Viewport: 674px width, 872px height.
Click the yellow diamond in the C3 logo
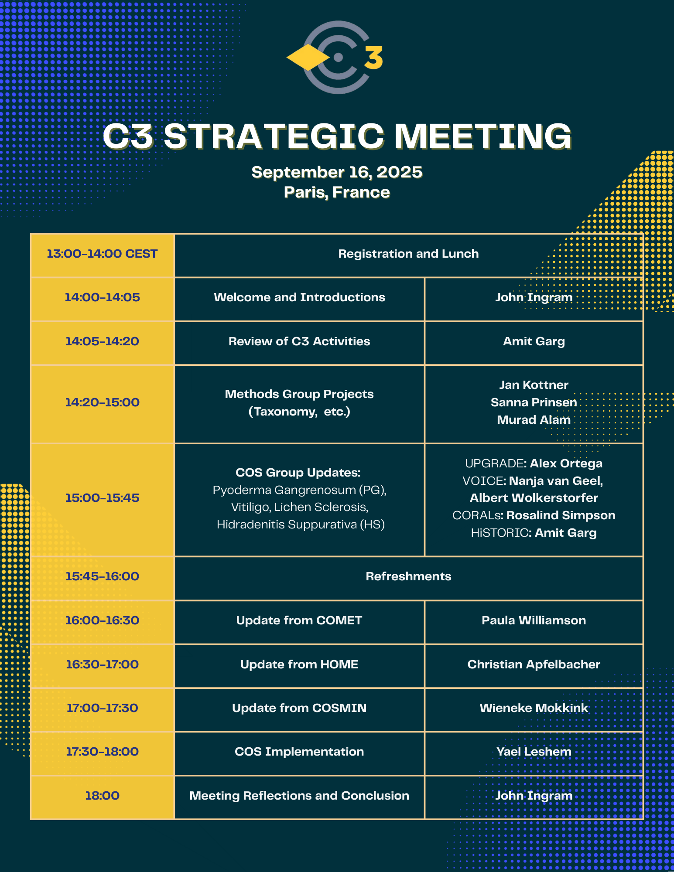[x=308, y=58]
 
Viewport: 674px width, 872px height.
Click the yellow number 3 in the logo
[x=373, y=58]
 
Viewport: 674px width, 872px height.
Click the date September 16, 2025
[x=337, y=172]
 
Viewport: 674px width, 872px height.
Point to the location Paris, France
[x=337, y=192]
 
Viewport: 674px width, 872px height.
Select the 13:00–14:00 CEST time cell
[x=102, y=254]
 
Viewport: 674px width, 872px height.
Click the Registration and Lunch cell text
[x=408, y=254]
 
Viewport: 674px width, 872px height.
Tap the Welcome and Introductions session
[x=299, y=297]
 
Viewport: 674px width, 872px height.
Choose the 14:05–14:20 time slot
[x=102, y=341]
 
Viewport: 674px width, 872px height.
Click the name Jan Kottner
[x=534, y=385]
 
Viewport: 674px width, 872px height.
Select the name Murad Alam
[x=534, y=420]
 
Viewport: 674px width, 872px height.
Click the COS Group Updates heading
[x=298, y=473]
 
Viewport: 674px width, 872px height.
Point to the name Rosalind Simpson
[x=561, y=515]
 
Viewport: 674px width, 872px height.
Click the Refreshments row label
[x=408, y=576]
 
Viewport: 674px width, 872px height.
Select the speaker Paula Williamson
[x=534, y=620]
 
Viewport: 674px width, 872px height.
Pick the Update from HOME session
[x=299, y=664]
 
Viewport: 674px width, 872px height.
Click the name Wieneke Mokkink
[x=534, y=708]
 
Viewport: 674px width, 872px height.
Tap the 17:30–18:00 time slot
[x=102, y=752]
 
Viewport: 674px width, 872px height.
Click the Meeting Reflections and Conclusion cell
[x=299, y=796]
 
